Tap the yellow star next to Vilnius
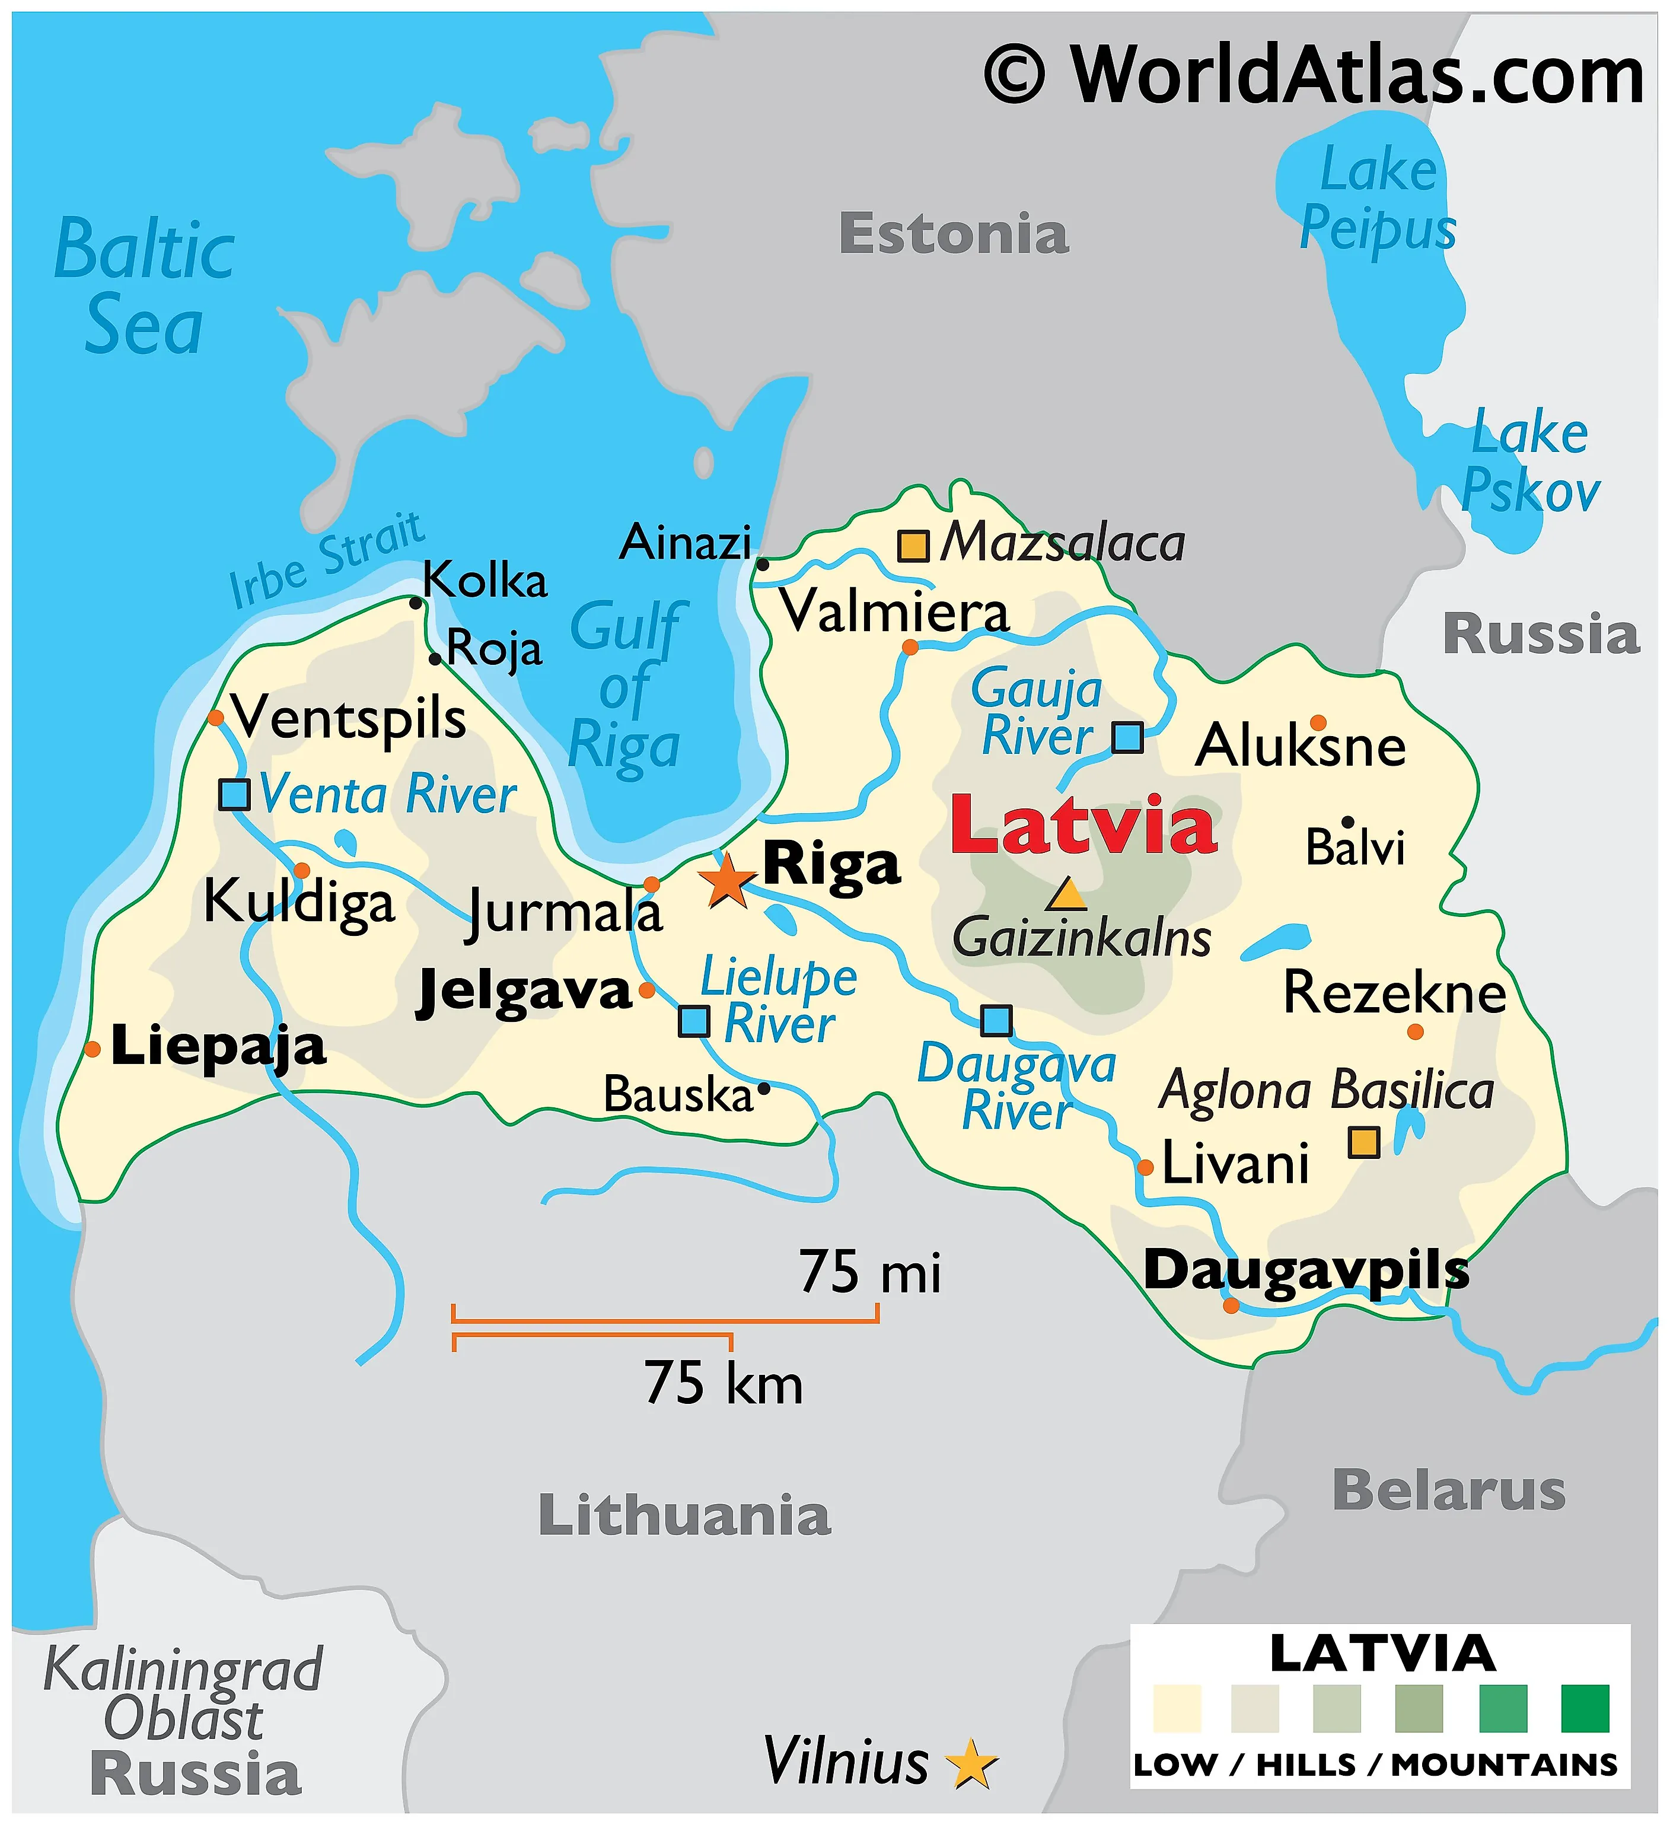(971, 1763)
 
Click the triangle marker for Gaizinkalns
(1066, 896)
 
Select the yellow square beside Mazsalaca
(912, 546)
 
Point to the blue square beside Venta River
(234, 794)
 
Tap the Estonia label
(953, 234)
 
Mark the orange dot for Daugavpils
(1230, 1305)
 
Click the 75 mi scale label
(869, 1272)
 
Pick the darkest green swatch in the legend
(1585, 1708)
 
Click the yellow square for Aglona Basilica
(1363, 1142)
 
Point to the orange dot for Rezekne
(1416, 1031)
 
